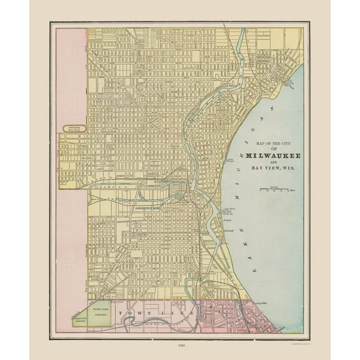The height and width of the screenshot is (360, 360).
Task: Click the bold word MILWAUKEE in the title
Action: (x=272, y=155)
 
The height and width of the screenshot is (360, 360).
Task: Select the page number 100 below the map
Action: (x=180, y=345)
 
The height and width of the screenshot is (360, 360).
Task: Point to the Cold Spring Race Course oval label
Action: (x=74, y=129)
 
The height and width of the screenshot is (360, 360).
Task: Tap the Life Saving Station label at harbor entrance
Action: (x=229, y=211)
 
